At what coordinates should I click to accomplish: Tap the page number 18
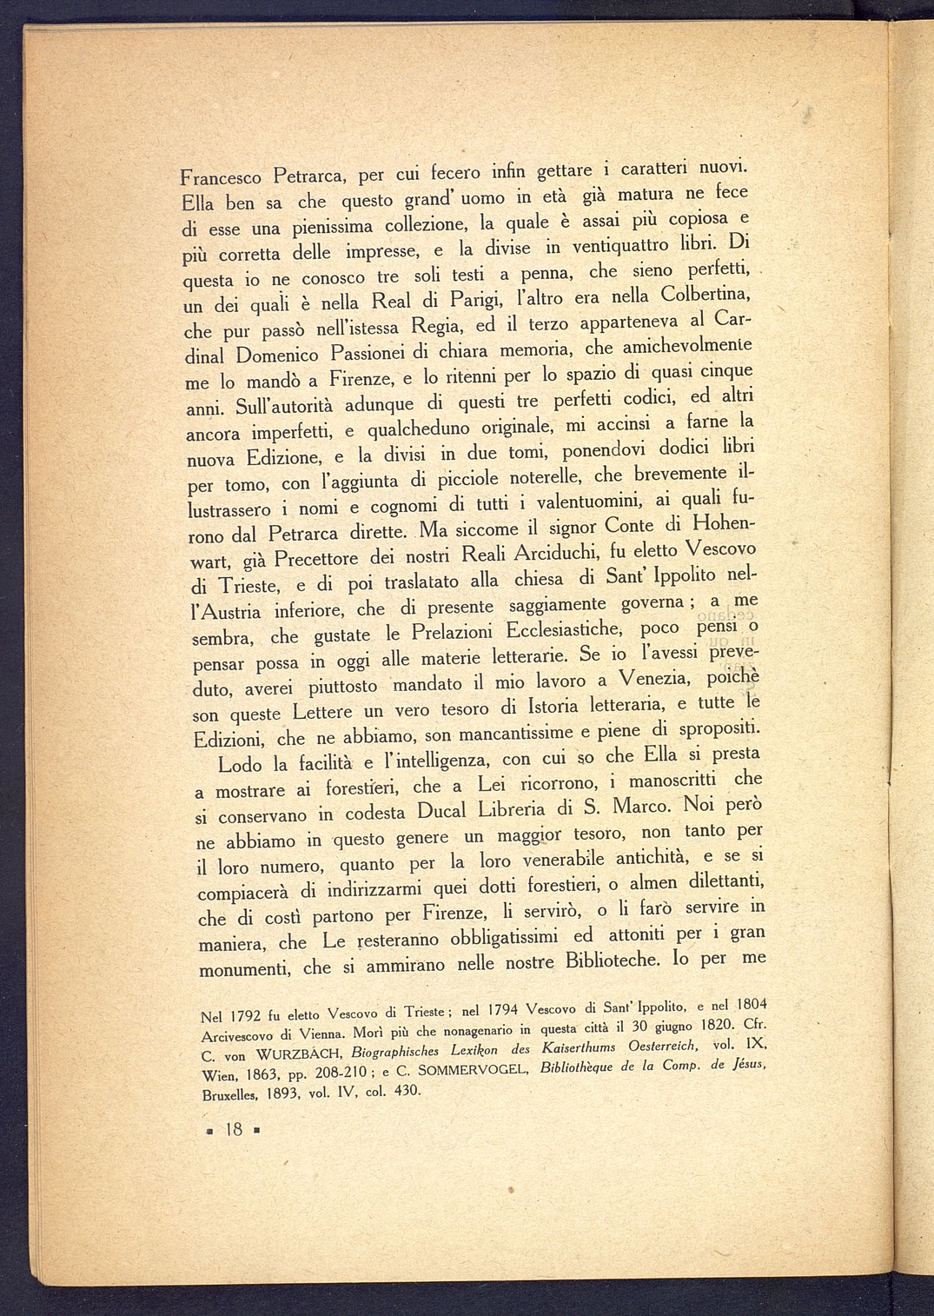[x=233, y=1129]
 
